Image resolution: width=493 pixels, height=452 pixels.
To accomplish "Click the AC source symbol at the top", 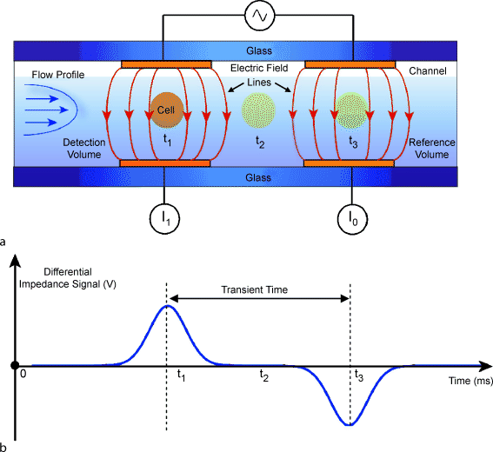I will click(x=259, y=15).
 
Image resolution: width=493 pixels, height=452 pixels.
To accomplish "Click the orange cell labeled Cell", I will click(x=164, y=109).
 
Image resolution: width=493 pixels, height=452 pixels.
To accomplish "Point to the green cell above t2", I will click(x=258, y=111).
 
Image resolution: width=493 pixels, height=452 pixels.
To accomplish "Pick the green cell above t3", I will click(x=352, y=110).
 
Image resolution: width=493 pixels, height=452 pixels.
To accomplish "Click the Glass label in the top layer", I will click(x=259, y=50).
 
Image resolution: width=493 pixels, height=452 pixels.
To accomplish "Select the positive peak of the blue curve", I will click(x=168, y=306).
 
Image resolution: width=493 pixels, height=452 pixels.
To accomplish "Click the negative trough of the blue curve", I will click(x=350, y=424).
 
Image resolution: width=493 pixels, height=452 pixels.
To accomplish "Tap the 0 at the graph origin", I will click(x=24, y=374).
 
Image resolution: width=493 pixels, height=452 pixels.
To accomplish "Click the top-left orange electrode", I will click(x=166, y=64).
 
